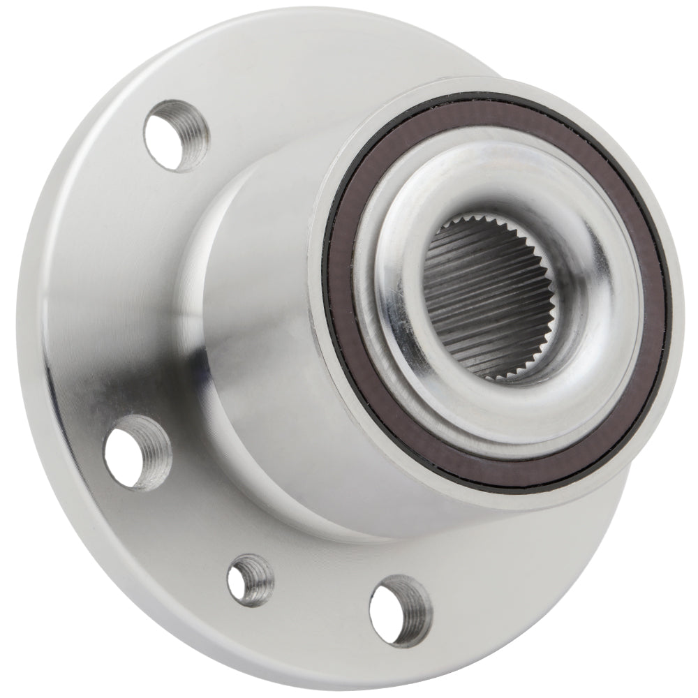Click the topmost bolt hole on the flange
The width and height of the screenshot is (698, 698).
[x=175, y=135]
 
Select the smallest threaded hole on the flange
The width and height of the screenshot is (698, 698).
[x=250, y=579]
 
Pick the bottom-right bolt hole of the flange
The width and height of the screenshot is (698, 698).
[x=400, y=610]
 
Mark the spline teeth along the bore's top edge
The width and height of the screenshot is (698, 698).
[x=482, y=230]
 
